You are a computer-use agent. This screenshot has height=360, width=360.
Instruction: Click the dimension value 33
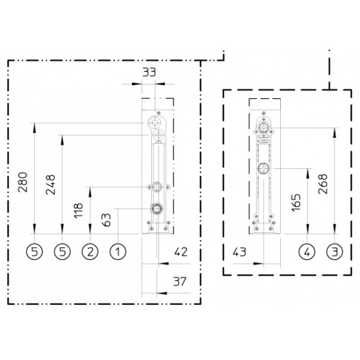pos(149,72)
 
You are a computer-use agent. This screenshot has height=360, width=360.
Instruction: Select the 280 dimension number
pos(23,182)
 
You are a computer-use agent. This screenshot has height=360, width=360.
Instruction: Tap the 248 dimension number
pos(50,185)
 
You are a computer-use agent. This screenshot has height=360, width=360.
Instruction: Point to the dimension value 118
pos(78,210)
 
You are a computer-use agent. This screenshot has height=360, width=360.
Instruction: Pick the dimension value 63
pos(106,220)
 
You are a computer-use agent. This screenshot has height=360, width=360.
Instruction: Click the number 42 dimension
pos(181,252)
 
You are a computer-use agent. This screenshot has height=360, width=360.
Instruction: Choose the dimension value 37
pos(179,281)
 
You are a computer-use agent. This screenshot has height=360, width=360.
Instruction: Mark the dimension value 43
pos(240,252)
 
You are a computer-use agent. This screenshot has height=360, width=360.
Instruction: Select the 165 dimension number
pos(296,202)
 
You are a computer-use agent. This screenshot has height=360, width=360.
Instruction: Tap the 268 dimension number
pos(323,184)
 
